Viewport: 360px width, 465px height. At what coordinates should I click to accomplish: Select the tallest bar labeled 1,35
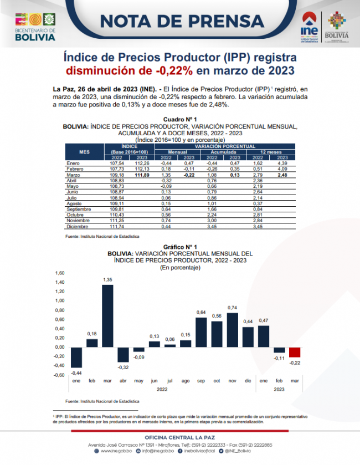pyautogui.click(x=107, y=316)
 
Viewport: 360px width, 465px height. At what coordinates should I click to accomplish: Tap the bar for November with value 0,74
pyautogui.click(x=232, y=330)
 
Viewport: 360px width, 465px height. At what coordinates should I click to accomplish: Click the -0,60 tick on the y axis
pyautogui.click(x=59, y=375)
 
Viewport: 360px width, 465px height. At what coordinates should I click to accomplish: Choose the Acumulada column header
pyautogui.click(x=224, y=151)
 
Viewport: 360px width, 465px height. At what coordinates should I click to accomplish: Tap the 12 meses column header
pyautogui.click(x=271, y=151)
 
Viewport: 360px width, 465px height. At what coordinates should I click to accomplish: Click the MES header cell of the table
pyautogui.click(x=84, y=151)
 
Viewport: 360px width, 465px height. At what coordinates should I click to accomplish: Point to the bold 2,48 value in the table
pyautogui.click(x=282, y=175)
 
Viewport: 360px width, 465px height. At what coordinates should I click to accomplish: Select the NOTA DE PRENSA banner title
pyautogui.click(x=182, y=21)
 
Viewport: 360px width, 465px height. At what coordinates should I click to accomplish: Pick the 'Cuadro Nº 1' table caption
pyautogui.click(x=179, y=120)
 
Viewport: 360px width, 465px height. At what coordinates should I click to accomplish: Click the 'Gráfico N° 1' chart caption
pyautogui.click(x=179, y=247)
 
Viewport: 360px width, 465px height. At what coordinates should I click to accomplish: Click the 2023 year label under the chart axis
pyautogui.click(x=279, y=390)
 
